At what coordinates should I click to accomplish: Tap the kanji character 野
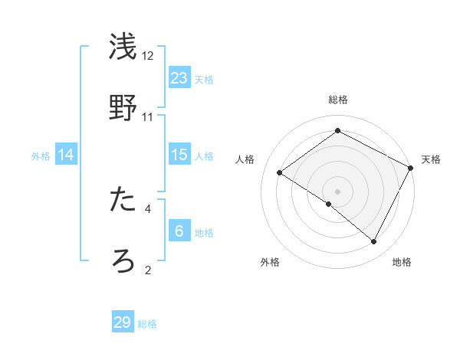(123, 106)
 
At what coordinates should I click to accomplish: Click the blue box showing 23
(179, 77)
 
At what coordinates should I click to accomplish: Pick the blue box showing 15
(179, 155)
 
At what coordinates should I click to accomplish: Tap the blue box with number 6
(179, 231)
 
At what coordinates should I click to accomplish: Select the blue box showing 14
(66, 155)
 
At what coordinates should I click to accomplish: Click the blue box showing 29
(123, 322)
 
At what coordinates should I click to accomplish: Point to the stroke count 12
(148, 56)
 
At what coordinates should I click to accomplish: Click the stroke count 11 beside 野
(148, 117)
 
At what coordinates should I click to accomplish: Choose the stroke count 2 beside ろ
(148, 270)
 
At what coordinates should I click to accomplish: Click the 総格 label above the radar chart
(337, 100)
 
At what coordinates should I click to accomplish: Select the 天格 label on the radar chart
(431, 159)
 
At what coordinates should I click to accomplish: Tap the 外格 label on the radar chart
(270, 262)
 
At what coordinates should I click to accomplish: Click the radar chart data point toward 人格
(280, 173)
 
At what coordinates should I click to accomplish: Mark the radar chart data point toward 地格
(374, 242)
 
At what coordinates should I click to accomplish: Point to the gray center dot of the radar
(337, 191)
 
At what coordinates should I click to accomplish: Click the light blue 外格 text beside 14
(41, 155)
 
